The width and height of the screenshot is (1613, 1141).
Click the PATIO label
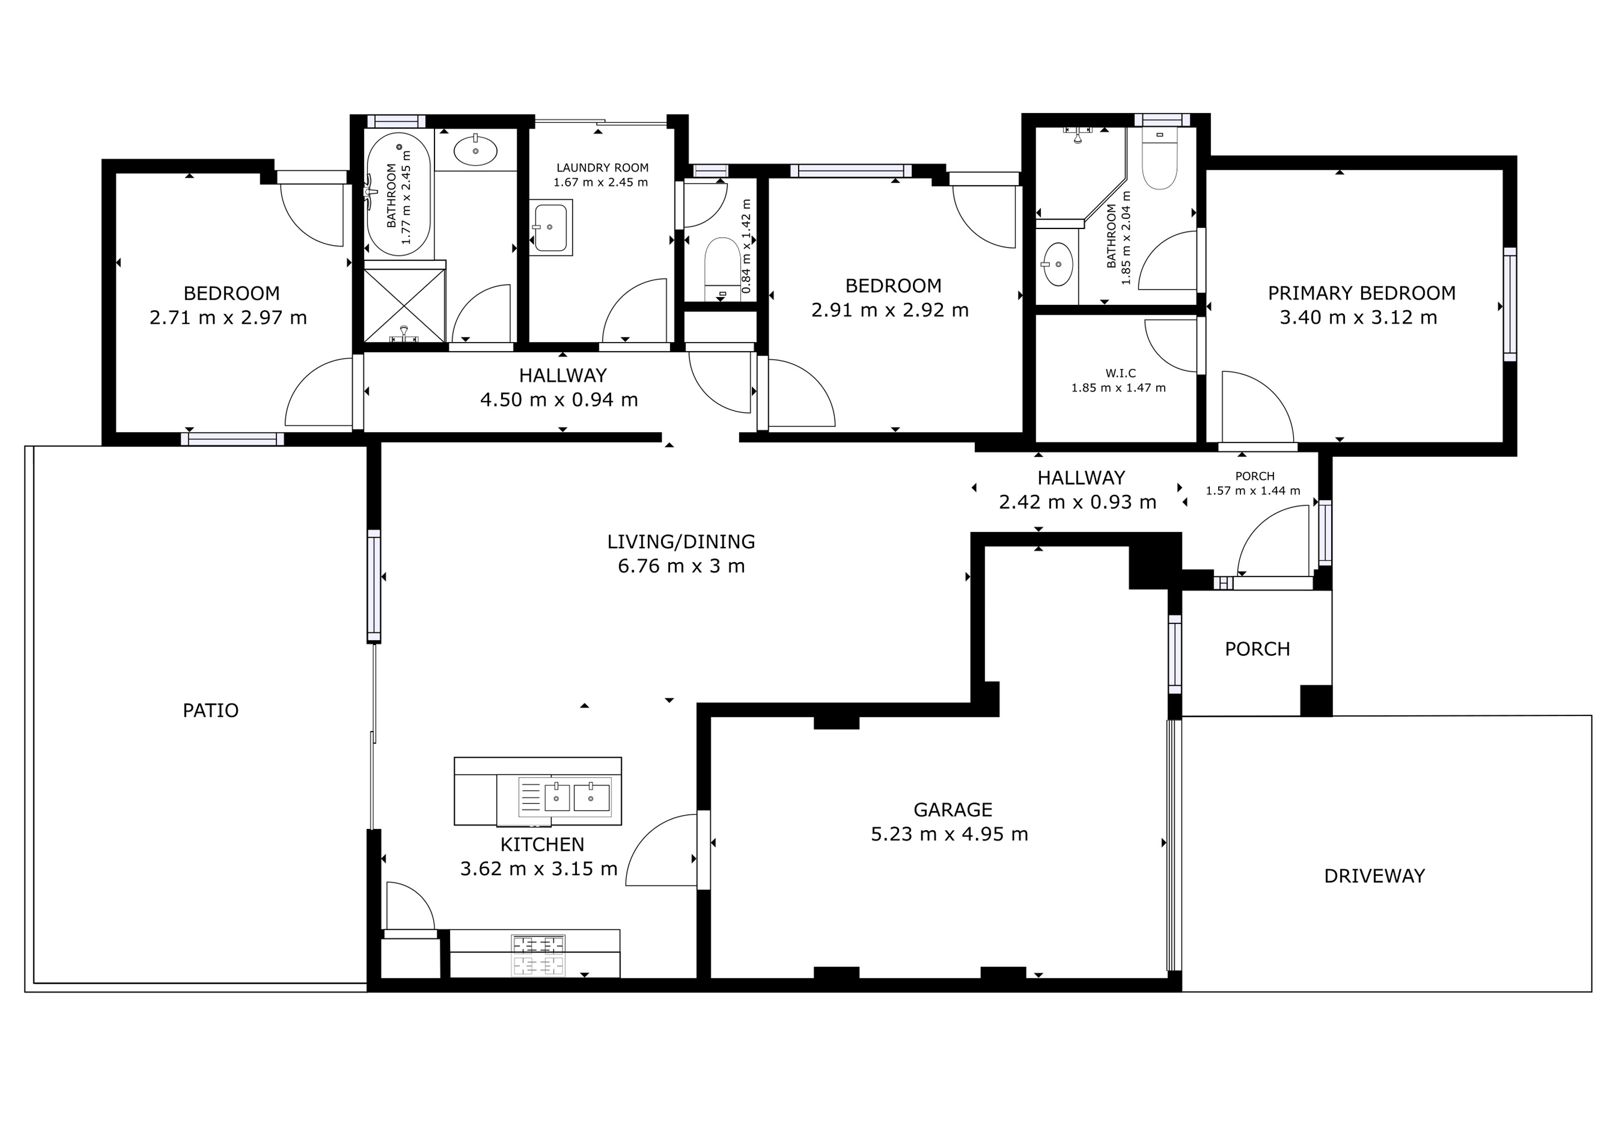tap(210, 710)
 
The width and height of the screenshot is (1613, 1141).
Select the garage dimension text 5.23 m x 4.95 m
tap(949, 834)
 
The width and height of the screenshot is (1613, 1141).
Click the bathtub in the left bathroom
tap(398, 194)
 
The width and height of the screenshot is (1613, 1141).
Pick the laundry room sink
tap(550, 228)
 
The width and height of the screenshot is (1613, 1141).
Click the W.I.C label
tap(1121, 373)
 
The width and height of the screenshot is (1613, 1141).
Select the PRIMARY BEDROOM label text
tap(1361, 293)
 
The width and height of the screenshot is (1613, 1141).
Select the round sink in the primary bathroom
tap(1058, 264)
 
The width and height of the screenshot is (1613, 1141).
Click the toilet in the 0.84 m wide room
tap(721, 267)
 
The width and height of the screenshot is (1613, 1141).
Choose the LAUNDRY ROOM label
tap(602, 168)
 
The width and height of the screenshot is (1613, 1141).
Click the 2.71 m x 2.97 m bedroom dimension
tap(228, 318)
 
